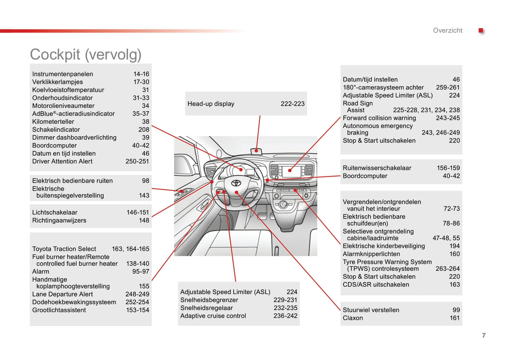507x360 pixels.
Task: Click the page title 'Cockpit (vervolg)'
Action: coord(86,55)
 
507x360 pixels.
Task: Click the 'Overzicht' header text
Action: coord(447,31)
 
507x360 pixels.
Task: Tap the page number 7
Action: coord(484,335)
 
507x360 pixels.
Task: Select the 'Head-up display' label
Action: coord(211,104)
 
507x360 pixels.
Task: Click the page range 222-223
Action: coord(292,104)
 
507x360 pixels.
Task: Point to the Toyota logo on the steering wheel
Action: coord(236,183)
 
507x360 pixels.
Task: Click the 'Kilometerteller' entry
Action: coord(53,122)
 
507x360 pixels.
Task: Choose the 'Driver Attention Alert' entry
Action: coord(62,161)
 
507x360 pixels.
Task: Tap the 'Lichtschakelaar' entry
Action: coord(55,213)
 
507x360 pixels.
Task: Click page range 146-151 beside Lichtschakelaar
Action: coord(138,213)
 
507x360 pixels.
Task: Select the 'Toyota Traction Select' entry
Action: coord(64,249)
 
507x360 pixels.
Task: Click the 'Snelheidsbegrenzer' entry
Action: coord(209,300)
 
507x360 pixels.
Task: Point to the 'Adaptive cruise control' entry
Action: coord(213,316)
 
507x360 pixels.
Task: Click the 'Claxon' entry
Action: coord(353,318)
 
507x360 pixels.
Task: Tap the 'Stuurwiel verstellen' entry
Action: coord(371,310)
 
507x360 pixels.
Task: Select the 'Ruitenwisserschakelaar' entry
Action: coord(377,168)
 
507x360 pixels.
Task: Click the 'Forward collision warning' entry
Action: coord(379,118)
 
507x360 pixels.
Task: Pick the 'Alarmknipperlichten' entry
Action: coord(371,254)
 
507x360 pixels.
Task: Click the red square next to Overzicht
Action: coord(481,31)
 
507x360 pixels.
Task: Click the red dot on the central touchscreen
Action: coord(290,171)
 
